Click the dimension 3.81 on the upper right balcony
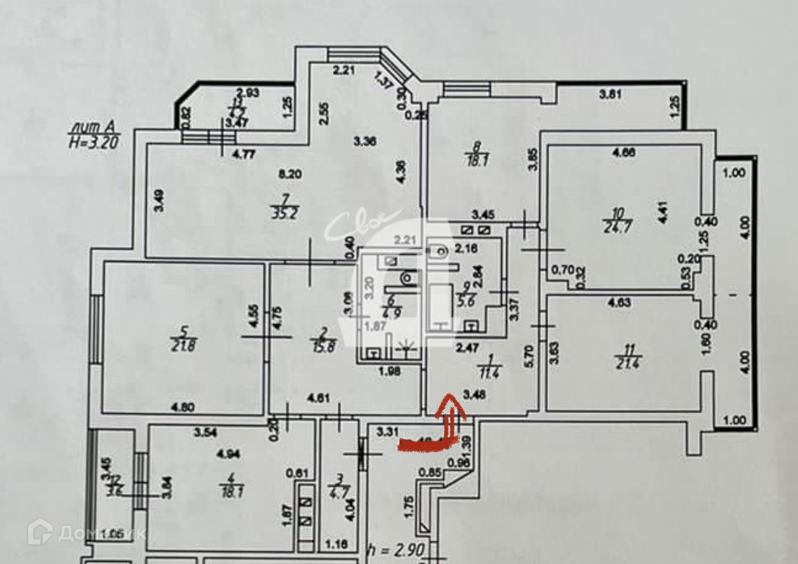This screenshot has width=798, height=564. (610, 92)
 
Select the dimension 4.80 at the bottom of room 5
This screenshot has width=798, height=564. (184, 407)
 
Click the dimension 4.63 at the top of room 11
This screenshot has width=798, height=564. (619, 303)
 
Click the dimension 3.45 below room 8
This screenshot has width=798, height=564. (483, 214)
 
